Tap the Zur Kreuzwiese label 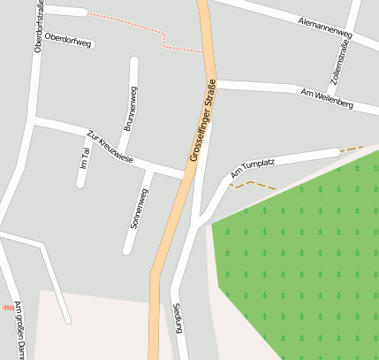coord(110,147)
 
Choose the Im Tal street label coord(85,151)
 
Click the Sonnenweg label coord(140,210)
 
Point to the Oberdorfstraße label coord(38,27)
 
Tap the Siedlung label coord(178,318)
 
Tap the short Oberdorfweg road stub coord(66,11)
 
